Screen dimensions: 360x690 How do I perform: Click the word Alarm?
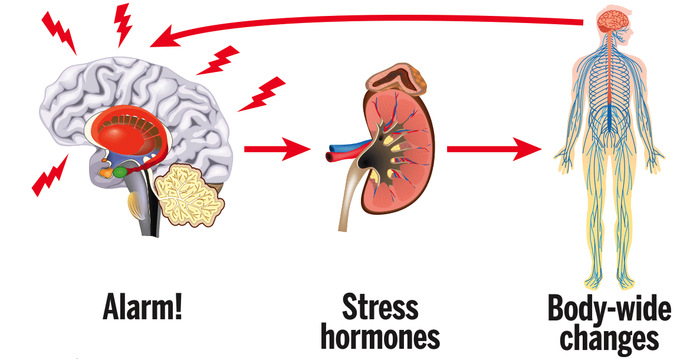tap(143, 306)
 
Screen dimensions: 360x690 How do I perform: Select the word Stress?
tap(381, 307)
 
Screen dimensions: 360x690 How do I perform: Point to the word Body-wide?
tap(609, 309)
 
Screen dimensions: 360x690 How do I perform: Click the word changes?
tap(609, 338)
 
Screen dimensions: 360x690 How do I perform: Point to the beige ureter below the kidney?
tap(347, 201)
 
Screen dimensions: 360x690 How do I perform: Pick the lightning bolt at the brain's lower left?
tap(50, 175)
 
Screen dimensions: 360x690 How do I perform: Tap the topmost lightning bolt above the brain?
tap(123, 24)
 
